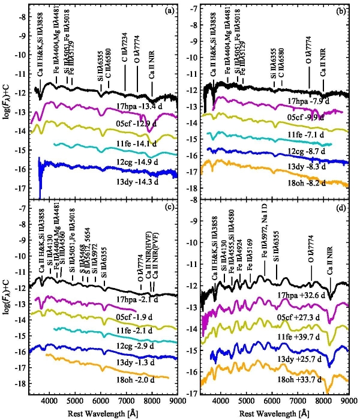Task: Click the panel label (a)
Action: point(169,10)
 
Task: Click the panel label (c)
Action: point(169,214)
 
